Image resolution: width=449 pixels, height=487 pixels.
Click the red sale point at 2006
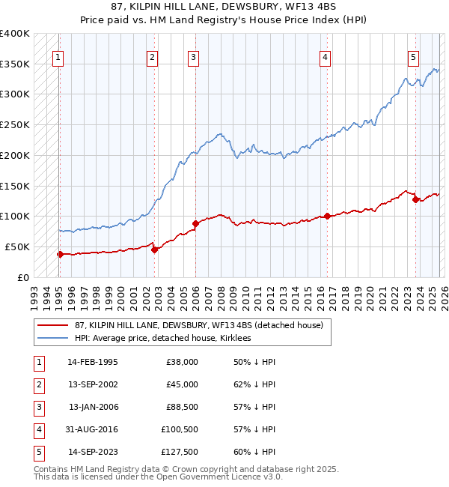(x=195, y=223)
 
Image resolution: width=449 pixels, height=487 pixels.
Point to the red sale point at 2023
(x=415, y=199)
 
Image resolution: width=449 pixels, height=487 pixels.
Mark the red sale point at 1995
(x=60, y=254)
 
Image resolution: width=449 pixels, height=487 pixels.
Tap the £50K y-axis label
(x=17, y=246)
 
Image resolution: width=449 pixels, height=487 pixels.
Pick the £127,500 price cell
(x=180, y=452)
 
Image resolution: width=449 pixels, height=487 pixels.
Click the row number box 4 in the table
(x=37, y=429)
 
